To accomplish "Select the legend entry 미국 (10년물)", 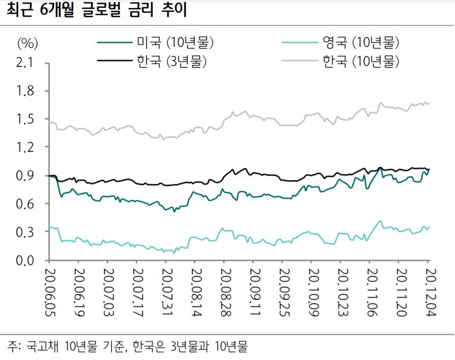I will click(x=175, y=43).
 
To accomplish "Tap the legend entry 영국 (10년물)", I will click(x=360, y=43).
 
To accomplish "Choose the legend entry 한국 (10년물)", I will click(x=360, y=61).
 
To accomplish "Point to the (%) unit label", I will click(x=27, y=43).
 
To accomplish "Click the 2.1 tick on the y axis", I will click(x=27, y=63).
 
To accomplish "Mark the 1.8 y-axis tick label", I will click(x=27, y=91).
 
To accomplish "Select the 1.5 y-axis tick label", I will click(x=27, y=120).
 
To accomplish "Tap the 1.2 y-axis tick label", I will click(x=27, y=147).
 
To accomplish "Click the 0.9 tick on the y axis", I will click(x=27, y=176).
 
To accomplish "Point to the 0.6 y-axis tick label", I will click(x=27, y=204).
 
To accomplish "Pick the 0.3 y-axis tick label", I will click(x=27, y=232).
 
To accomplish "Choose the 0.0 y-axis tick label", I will click(x=27, y=260).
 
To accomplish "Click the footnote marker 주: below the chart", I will click(x=14, y=347).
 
